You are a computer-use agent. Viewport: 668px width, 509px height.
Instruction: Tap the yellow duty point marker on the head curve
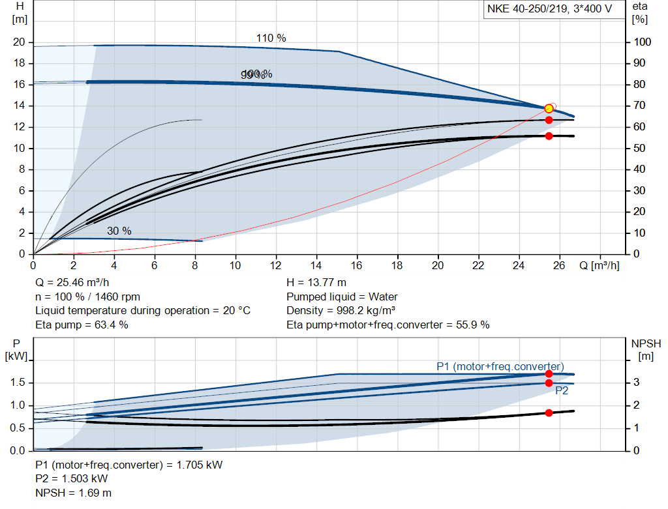549,108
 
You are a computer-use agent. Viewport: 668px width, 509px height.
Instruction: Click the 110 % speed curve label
271,38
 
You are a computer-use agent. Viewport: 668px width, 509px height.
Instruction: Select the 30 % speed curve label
119,231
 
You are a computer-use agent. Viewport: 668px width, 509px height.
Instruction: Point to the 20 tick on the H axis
19,42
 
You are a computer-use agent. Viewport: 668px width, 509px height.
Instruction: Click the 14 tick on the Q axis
316,265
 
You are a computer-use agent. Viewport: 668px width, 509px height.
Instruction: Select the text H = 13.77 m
316,282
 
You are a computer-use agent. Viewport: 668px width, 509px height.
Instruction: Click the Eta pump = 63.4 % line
82,324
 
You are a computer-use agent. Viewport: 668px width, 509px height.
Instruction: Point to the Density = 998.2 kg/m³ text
341,310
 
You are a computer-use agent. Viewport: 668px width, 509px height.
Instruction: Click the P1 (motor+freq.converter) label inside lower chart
500,366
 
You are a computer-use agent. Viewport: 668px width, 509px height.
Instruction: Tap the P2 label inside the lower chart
562,391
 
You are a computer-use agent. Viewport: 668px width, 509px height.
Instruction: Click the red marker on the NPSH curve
549,413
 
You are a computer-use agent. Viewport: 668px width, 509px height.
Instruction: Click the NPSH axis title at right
646,343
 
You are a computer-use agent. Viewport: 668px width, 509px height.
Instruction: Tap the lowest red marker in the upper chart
549,136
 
